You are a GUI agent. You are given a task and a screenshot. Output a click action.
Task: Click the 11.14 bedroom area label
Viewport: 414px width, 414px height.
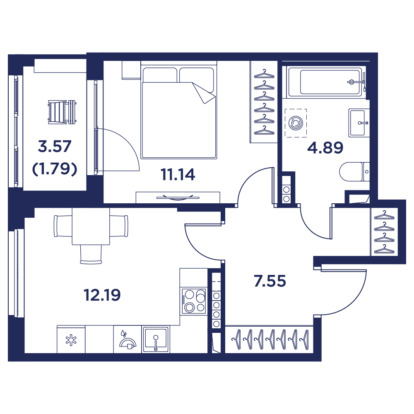pyautogui.click(x=178, y=175)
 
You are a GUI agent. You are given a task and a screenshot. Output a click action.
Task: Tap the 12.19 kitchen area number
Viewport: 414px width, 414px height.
pyautogui.click(x=102, y=295)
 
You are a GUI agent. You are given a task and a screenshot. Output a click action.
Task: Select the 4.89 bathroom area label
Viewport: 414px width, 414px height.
pyautogui.click(x=325, y=148)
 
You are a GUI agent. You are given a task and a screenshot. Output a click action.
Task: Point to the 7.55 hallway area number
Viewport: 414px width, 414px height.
pyautogui.click(x=270, y=281)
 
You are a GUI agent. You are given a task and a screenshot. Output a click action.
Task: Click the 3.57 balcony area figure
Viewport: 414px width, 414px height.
pyautogui.click(x=55, y=147)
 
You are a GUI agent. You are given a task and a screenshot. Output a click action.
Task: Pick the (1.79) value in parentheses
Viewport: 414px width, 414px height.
pyautogui.click(x=55, y=169)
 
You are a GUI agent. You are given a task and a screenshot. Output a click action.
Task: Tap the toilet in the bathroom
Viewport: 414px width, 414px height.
pyautogui.click(x=354, y=172)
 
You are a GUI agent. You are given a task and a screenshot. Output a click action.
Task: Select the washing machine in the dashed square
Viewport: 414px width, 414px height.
pyautogui.click(x=296, y=123)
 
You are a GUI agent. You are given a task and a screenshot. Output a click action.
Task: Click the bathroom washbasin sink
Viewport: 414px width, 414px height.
pyautogui.click(x=359, y=123)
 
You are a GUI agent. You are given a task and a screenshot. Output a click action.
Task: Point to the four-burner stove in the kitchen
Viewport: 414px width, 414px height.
pyautogui.click(x=193, y=301)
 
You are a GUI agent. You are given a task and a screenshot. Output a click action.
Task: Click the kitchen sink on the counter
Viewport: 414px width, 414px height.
pyautogui.click(x=156, y=339)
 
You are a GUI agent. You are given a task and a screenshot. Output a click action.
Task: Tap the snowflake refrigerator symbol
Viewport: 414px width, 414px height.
pyautogui.click(x=71, y=340)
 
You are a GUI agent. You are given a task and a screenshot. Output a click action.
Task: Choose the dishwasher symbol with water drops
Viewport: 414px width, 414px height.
pyautogui.click(x=128, y=340)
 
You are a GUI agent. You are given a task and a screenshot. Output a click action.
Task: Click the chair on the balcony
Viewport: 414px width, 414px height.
pyautogui.click(x=62, y=112)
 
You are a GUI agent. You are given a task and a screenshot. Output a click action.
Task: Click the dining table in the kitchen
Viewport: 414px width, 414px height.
pyautogui.click(x=91, y=226)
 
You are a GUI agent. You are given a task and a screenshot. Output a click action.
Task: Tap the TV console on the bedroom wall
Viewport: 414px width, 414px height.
pyautogui.click(x=178, y=197)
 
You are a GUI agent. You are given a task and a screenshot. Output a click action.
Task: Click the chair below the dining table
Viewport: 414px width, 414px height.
pyautogui.click(x=91, y=254)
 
